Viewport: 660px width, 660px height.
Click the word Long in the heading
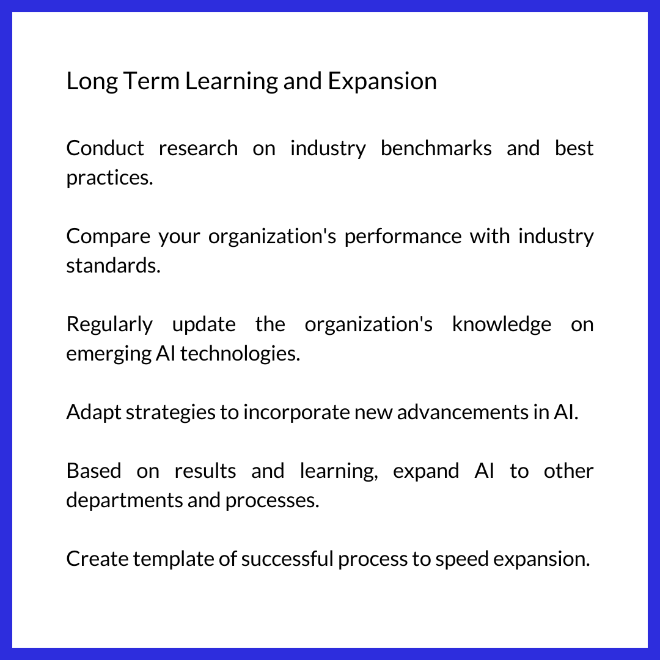tap(92, 82)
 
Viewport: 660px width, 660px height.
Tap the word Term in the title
tap(151, 81)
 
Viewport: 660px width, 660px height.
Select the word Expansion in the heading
tap(382, 82)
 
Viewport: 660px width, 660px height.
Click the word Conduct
tap(105, 148)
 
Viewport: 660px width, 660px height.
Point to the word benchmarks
tap(436, 148)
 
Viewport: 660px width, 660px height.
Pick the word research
tap(198, 148)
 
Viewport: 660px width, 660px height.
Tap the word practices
tap(109, 178)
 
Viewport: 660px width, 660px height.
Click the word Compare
tap(108, 236)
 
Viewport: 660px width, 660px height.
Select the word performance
tap(403, 236)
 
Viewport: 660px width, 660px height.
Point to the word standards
tap(114, 266)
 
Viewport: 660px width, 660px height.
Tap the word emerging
tap(109, 354)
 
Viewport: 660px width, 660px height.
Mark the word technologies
tap(240, 354)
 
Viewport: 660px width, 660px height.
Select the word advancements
tap(463, 412)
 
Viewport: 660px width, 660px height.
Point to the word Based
tap(94, 471)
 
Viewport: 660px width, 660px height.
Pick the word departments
tap(124, 500)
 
